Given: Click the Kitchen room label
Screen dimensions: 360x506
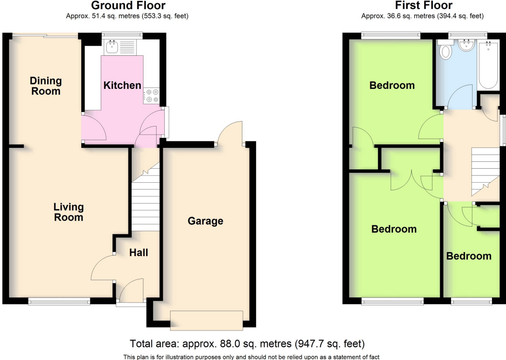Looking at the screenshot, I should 122,85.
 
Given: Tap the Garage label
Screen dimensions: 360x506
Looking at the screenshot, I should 206,221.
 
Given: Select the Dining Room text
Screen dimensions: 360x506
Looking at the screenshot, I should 45,86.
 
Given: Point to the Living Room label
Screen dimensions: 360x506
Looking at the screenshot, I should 69,212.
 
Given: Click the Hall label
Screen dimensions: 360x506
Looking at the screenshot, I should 138,253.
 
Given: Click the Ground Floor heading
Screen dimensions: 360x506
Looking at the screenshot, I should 128,6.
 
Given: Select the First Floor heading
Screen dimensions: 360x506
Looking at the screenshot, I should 423,6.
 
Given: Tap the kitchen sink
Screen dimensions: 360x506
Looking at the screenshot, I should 111,46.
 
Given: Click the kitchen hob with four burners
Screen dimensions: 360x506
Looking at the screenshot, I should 151,96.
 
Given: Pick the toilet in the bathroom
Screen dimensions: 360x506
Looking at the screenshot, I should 447,51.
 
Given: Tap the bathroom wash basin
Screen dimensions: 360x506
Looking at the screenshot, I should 467,46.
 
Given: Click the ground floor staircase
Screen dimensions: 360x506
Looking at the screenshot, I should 145,199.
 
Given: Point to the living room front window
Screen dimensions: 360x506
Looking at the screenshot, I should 59,301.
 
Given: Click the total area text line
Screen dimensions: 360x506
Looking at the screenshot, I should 247,343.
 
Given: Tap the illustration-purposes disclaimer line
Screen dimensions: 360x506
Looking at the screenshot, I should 251,356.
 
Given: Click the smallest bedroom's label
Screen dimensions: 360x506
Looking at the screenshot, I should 469,256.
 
